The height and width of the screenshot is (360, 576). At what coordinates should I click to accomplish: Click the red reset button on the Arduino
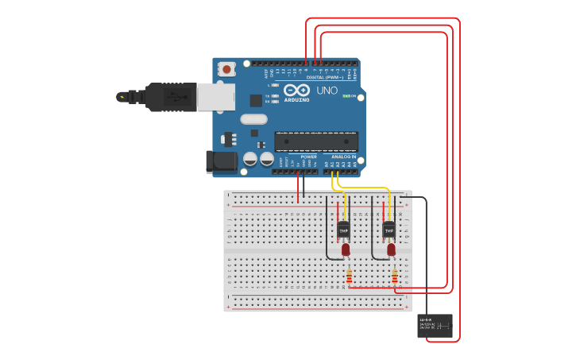(x=226, y=69)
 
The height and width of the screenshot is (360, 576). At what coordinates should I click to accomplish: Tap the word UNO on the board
(x=327, y=91)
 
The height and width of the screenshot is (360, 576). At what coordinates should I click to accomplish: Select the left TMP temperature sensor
(x=343, y=230)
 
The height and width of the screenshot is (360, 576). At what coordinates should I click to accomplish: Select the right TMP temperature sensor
(x=389, y=230)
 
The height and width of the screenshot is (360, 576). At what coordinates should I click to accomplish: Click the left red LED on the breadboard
(x=346, y=250)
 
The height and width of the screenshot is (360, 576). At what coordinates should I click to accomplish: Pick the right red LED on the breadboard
(x=391, y=250)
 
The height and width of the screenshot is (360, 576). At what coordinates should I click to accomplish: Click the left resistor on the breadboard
(x=349, y=276)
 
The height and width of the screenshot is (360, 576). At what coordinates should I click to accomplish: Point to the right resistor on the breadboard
(x=395, y=276)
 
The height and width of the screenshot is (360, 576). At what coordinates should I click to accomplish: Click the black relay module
(x=435, y=326)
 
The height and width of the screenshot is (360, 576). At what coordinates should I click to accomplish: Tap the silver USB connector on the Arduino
(x=215, y=96)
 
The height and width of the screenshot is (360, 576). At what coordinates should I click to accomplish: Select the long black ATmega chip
(x=316, y=141)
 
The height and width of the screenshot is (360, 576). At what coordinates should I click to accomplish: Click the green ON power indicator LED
(x=346, y=95)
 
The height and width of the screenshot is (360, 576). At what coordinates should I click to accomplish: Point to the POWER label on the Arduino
(x=308, y=157)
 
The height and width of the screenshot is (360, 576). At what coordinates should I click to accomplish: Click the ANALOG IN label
(x=344, y=157)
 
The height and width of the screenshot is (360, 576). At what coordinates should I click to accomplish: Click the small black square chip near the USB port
(x=256, y=101)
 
